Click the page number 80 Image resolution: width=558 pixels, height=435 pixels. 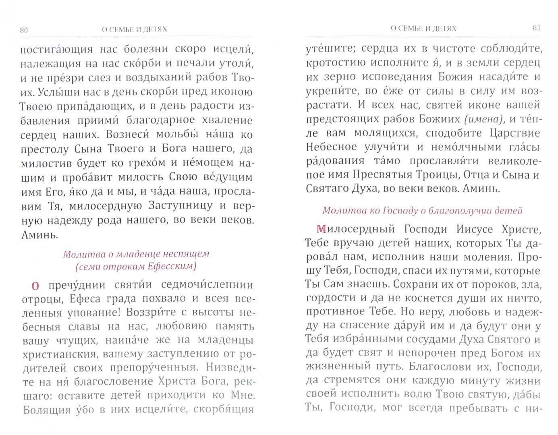coord(24,30)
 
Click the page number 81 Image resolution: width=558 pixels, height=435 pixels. coord(536,28)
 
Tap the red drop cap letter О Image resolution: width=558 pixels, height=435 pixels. coord(35,286)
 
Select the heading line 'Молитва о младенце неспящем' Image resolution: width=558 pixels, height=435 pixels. coord(136,254)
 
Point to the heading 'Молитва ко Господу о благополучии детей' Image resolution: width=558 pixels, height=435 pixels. coord(423,211)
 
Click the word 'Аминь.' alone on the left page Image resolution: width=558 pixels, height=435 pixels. coord(39,235)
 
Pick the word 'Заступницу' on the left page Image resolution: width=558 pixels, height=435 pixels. coord(180,205)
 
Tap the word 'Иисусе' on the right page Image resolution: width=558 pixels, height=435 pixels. coord(475,229)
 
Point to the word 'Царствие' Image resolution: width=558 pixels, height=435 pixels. coord(514,133)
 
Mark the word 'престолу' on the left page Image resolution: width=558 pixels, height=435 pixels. coord(45,149)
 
